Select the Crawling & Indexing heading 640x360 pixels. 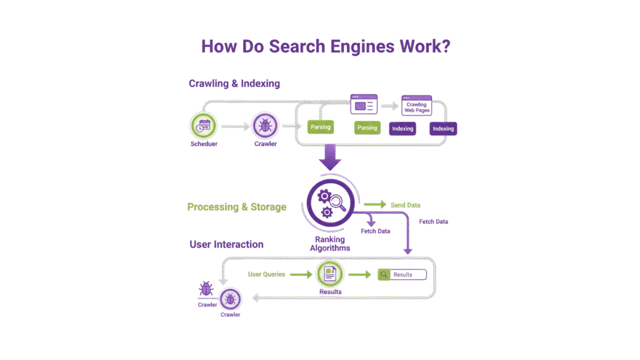(234, 84)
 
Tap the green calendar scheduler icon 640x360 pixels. (204, 126)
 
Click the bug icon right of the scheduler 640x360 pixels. (264, 127)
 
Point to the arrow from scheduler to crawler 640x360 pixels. (234, 127)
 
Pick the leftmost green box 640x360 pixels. (321, 127)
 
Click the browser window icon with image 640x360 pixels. (364, 105)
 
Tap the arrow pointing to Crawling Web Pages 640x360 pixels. (390, 106)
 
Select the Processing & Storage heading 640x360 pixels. (237, 207)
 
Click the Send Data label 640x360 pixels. (406, 205)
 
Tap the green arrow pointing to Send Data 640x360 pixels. (374, 204)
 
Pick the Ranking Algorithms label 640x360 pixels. (330, 243)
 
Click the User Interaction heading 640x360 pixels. (226, 244)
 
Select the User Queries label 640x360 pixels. (266, 274)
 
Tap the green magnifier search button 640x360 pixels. (384, 274)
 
